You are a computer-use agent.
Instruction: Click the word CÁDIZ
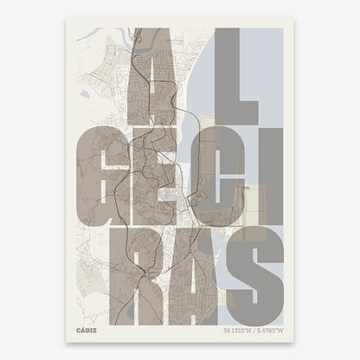[x=86, y=329]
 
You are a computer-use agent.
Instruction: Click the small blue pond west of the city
[x=83, y=93]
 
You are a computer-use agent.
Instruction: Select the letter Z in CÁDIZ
[x=94, y=329]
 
